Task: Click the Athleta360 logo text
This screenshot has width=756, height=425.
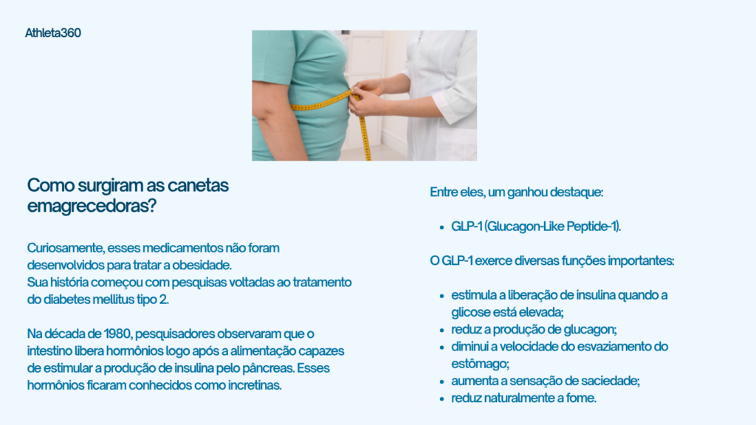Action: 53,32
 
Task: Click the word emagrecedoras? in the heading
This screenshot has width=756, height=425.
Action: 92,206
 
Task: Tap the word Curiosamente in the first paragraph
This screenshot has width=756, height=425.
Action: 66,248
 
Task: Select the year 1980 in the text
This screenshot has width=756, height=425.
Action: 117,334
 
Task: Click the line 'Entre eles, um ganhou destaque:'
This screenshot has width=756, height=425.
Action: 516,192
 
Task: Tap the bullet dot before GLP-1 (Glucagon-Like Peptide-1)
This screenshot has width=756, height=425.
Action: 441,227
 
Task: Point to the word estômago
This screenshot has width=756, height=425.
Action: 480,364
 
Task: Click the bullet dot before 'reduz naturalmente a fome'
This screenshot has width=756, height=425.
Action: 441,399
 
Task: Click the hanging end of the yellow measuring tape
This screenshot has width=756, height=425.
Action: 368,157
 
